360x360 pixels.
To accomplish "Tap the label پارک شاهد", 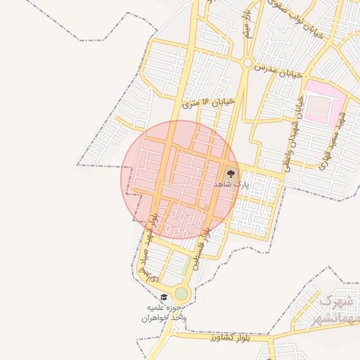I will (x=231, y=184).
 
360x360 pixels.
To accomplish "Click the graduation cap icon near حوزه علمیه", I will (x=164, y=297).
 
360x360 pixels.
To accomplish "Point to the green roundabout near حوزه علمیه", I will (x=181, y=293).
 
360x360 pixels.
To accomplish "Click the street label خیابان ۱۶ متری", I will (x=208, y=103).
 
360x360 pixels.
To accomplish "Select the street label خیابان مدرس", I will (x=280, y=70).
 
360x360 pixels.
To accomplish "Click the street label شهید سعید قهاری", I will (x=335, y=140).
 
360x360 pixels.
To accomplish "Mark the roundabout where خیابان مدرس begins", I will (x=247, y=63).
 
